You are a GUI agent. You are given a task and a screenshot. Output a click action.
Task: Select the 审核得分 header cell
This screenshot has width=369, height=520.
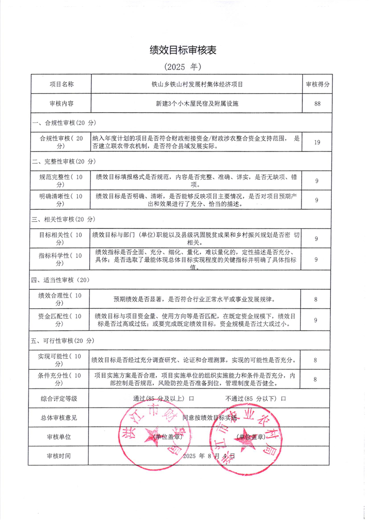coord(317,84)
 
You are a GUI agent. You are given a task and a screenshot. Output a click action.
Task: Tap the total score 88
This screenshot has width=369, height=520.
coord(317,103)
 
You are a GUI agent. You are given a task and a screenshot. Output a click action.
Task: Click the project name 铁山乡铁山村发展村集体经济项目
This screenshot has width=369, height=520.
coord(197,84)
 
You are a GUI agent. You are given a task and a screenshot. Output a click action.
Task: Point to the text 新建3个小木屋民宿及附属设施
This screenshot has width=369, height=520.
coord(197,103)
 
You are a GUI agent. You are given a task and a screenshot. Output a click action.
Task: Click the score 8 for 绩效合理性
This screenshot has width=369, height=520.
coord(316,299)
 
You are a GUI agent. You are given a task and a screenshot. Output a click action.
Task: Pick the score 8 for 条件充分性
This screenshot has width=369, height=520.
coord(315,379)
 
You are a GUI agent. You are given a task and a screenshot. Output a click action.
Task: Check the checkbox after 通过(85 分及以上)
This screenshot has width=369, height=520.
coord(191,399)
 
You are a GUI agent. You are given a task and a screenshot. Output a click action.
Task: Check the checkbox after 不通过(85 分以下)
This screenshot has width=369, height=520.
coord(283,399)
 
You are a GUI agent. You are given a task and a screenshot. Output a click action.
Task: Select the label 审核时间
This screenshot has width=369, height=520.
coord(59,456)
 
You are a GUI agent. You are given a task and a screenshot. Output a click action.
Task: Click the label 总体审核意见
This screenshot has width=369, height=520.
coord(59,418)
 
